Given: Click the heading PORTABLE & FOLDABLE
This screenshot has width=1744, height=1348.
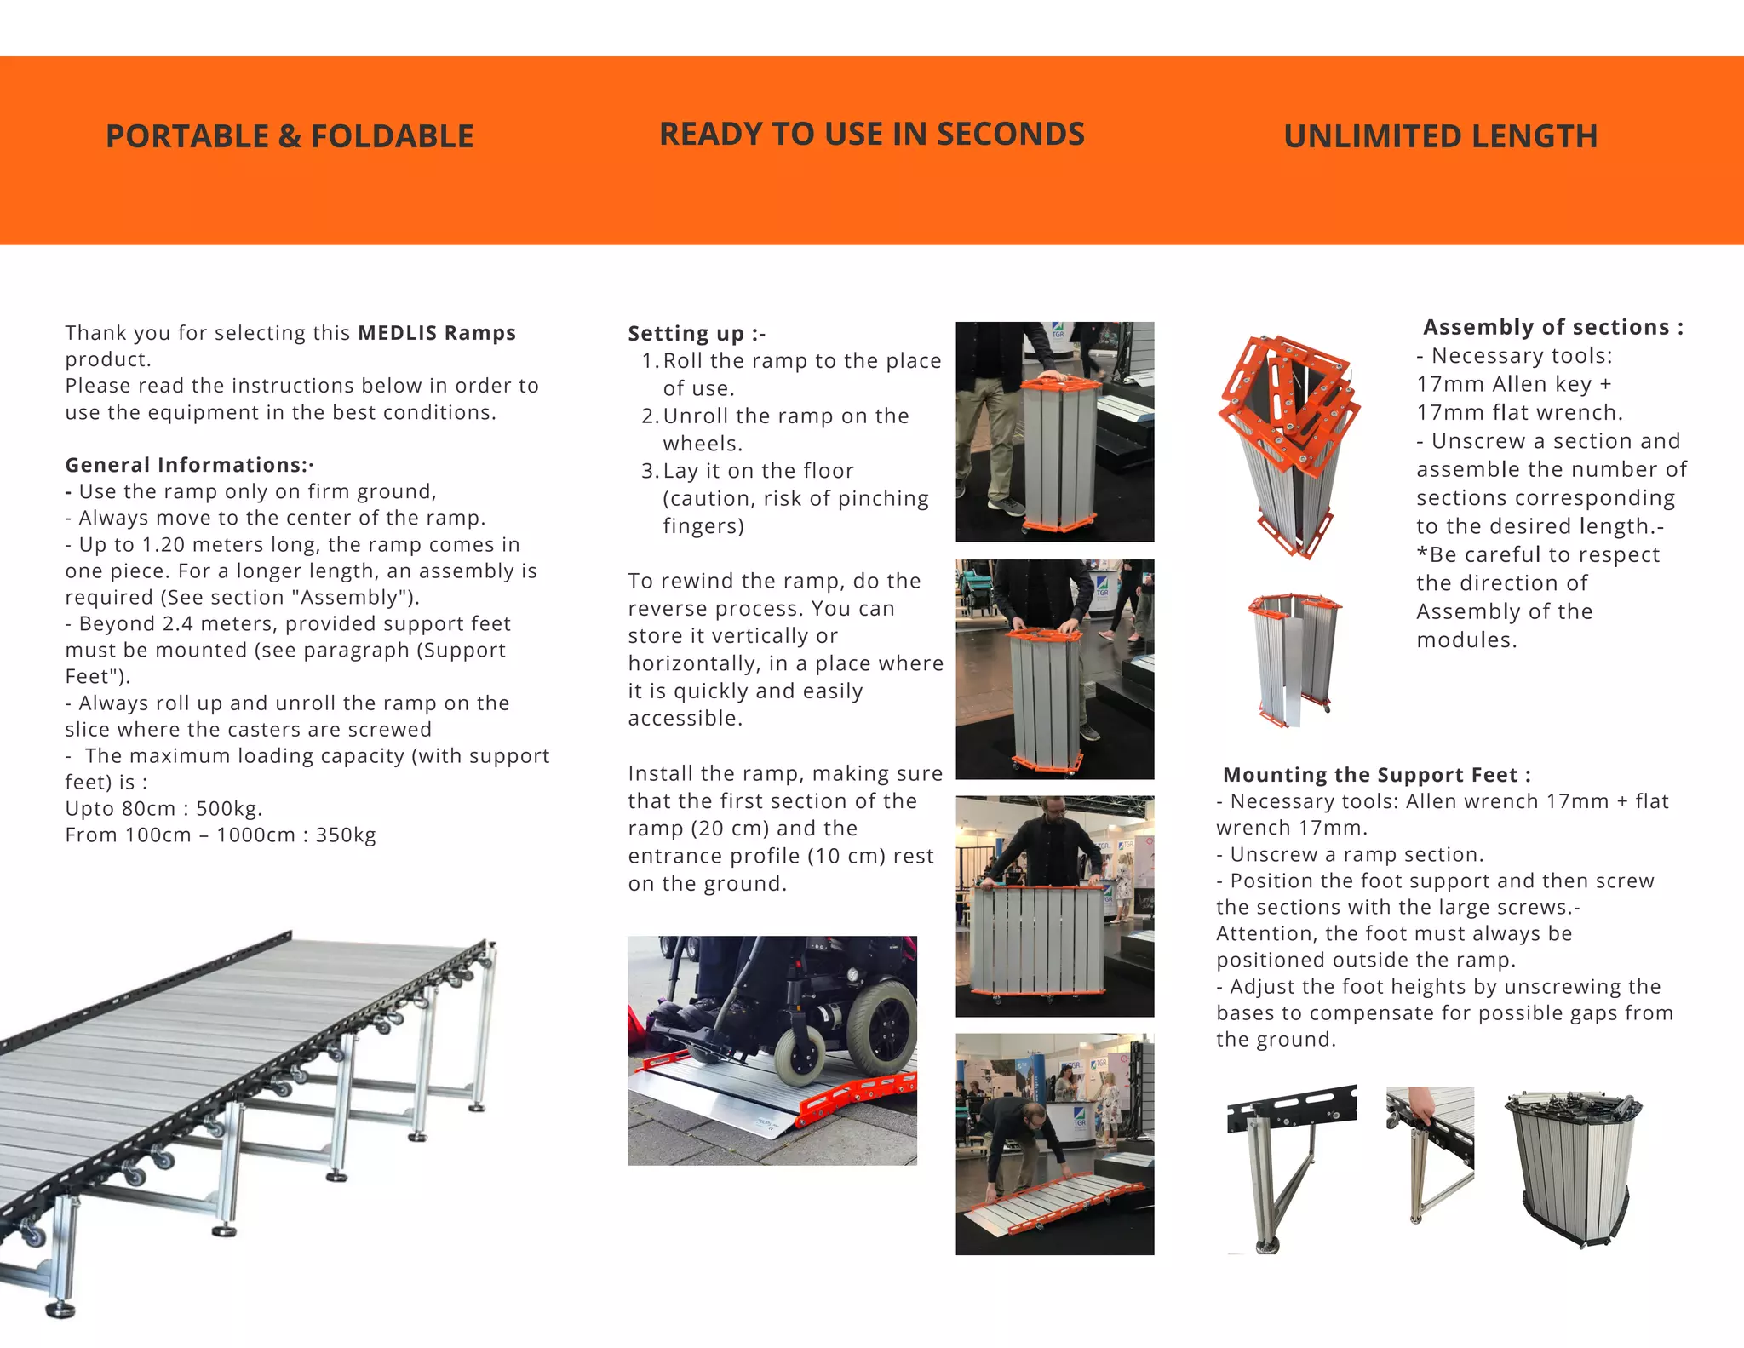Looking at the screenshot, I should [x=290, y=136].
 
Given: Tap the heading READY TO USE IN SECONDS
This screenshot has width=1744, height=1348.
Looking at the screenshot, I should [x=872, y=134].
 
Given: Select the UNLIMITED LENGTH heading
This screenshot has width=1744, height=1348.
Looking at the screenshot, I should [x=1440, y=136].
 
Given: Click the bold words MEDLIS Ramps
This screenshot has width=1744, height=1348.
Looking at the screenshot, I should [x=437, y=332].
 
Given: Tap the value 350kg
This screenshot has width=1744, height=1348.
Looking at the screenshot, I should [x=346, y=835].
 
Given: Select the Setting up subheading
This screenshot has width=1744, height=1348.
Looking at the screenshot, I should [x=697, y=333].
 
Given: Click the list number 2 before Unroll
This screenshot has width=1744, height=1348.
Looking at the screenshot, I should [x=649, y=416].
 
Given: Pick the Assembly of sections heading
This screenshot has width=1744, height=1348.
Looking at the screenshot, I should [x=1553, y=327].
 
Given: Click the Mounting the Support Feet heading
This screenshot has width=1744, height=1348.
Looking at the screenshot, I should [x=1376, y=775].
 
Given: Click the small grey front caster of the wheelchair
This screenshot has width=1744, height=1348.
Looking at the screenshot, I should [x=800, y=1060].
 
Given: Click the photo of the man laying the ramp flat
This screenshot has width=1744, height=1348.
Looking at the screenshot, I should [x=1054, y=1144].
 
